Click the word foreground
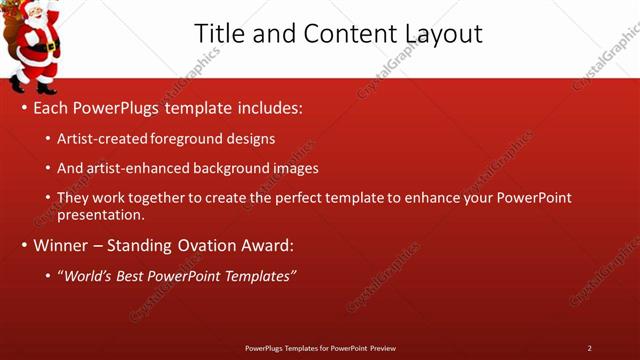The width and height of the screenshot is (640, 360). (x=192, y=138)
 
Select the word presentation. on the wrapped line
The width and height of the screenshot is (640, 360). (x=102, y=214)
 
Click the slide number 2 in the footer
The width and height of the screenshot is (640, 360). (x=589, y=348)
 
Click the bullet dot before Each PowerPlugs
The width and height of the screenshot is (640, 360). (x=23, y=107)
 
